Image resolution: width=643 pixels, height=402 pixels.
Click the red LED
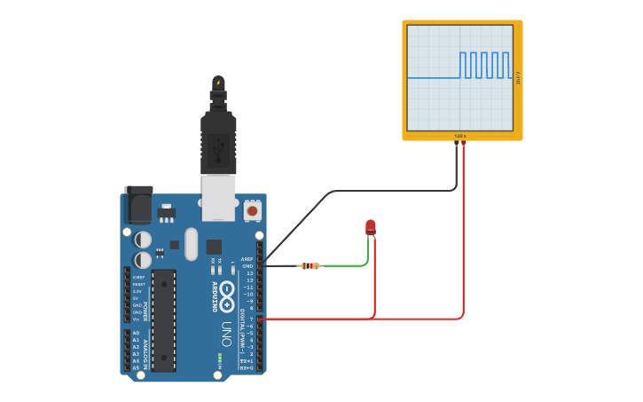pos(371,227)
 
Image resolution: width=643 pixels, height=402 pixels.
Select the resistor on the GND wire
pos(310,265)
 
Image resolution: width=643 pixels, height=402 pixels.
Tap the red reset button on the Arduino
pos(253,210)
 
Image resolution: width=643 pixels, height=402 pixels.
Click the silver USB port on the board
pos(218,196)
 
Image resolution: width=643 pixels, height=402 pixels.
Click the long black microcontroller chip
pos(163,319)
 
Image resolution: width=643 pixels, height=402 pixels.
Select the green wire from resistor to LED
pos(350,264)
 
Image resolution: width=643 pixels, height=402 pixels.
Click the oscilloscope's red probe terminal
pos(463,142)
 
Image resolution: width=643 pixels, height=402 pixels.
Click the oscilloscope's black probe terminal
pos(457,142)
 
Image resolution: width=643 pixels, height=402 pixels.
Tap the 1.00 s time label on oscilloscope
pos(460,136)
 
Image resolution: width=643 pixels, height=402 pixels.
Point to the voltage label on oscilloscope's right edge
pos(518,78)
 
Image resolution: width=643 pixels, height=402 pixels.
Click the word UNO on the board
pos(227,333)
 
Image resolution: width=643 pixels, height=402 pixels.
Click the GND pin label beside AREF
pos(247,266)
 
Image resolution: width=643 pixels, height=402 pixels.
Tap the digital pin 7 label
pos(251,319)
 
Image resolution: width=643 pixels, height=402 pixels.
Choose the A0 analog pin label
pos(136,333)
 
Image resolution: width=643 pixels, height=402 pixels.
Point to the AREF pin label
pos(247,259)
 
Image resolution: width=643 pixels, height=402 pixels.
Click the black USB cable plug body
pos(218,142)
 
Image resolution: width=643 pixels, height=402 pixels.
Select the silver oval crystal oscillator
pos(192,244)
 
